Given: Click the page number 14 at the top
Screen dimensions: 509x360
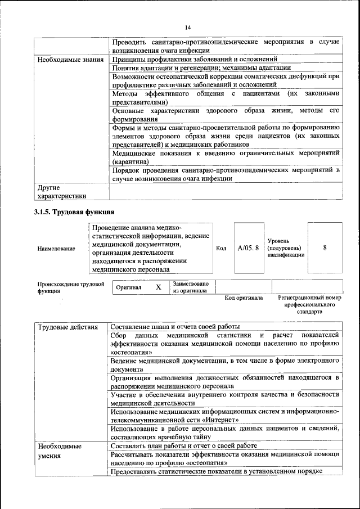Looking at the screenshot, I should (x=188, y=28).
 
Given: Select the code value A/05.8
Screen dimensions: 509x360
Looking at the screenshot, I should (x=248, y=247).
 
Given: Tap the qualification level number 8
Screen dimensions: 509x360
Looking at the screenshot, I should (x=325, y=247).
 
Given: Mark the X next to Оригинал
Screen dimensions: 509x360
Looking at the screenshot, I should (x=158, y=287).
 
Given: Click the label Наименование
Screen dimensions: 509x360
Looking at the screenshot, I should (x=56, y=248).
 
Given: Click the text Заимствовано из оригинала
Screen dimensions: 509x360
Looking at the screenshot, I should (x=191, y=287).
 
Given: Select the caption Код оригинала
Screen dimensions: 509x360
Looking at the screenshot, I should (x=244, y=298).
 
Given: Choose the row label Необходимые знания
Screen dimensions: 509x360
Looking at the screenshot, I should (x=70, y=59).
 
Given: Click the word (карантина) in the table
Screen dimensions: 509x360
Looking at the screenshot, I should (x=130, y=161).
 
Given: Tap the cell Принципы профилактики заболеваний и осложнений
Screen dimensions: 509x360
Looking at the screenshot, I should (x=194, y=59).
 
